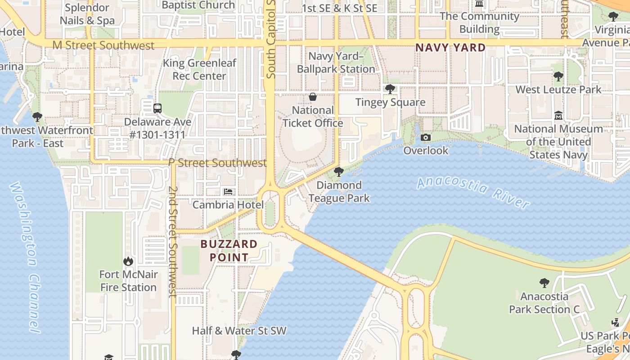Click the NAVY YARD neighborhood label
point(450,48)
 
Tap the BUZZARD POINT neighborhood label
point(229,251)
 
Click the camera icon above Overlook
point(426,137)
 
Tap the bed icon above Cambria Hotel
point(228,192)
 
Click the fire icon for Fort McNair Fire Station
point(128,261)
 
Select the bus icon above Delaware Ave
point(157,108)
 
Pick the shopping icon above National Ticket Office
point(313,97)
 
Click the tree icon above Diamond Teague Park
point(339,171)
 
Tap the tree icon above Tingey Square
point(390,89)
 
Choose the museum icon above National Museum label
point(558,115)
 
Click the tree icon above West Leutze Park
point(558,76)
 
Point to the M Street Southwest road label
point(103,45)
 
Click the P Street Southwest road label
point(217,163)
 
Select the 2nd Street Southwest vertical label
point(172,241)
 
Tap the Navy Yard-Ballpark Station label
point(336,63)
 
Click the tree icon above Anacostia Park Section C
point(544,283)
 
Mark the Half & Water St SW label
point(239,331)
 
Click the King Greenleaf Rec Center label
point(199,69)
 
